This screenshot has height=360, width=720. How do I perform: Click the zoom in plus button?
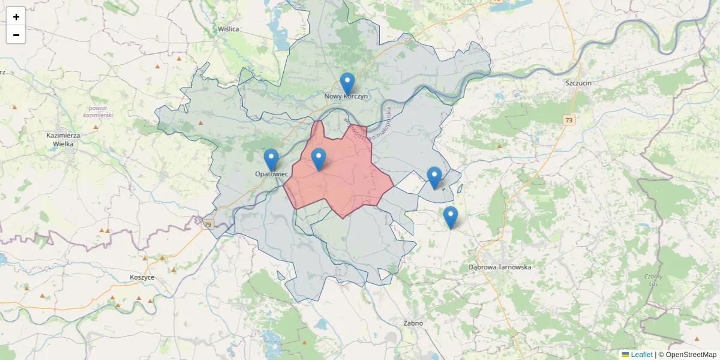coord(16,17)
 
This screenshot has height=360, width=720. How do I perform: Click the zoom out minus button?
coord(16,35)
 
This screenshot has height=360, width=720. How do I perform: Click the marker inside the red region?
coord(319,160)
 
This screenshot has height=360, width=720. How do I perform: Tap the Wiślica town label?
coord(229,29)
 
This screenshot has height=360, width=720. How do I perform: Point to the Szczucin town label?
coord(578,83)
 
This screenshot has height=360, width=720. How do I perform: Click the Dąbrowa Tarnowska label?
coord(499,267)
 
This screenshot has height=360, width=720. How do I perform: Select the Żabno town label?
coord(413,323)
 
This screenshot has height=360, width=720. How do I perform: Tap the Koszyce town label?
coord(142,277)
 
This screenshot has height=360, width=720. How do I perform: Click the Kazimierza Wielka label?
coord(63,139)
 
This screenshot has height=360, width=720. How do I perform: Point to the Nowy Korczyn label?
coord(346,96)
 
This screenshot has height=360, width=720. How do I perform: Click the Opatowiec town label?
coord(272,173)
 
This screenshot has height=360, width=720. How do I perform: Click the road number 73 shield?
coord(569,121)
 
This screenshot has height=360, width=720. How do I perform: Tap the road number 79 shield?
coord(208,224)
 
